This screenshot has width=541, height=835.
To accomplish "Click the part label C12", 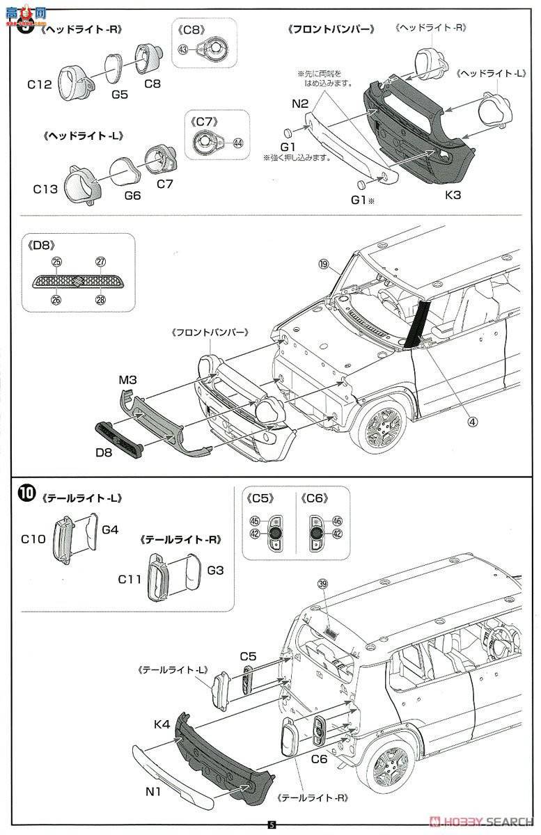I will click(40, 85).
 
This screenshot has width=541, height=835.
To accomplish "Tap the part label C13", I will click(47, 187).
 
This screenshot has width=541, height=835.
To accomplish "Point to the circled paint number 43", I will click(183, 49).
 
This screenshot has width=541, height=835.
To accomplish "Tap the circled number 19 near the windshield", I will click(343, 264).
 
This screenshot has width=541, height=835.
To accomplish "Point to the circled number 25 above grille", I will click(56, 262).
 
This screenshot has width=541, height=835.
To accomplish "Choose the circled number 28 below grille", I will click(100, 300).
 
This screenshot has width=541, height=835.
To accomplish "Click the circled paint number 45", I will click(254, 521).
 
